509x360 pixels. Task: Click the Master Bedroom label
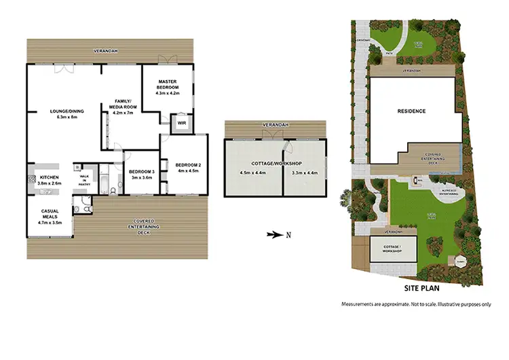[x=167, y=85]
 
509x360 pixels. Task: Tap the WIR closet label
[x=181, y=123]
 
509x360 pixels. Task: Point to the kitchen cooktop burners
[x=32, y=180]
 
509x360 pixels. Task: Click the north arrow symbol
[x=274, y=235]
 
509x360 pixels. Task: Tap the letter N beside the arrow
[x=288, y=236]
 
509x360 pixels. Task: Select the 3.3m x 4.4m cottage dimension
[x=303, y=172]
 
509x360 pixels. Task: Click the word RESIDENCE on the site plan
[x=412, y=111]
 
